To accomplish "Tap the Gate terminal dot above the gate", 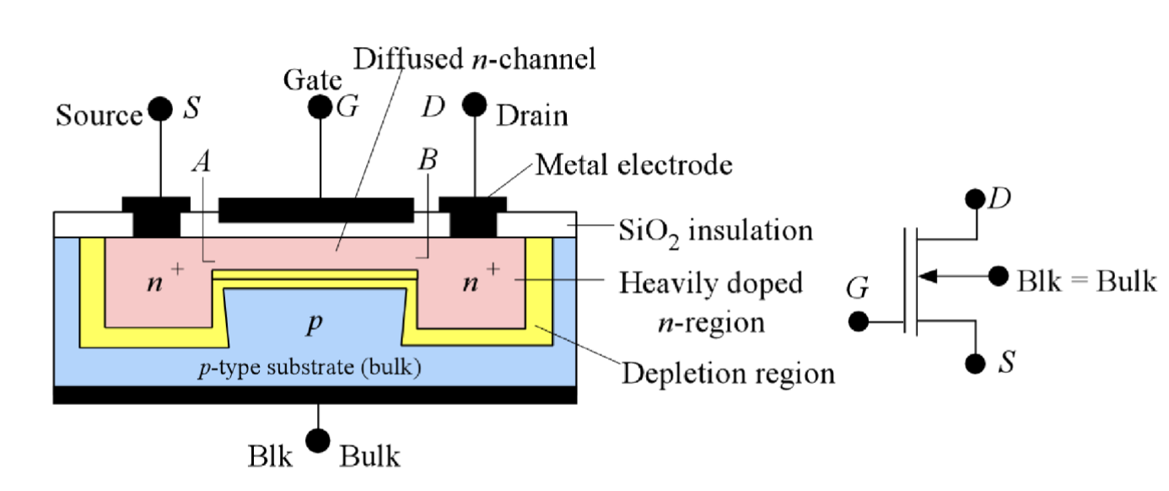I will (x=320, y=107).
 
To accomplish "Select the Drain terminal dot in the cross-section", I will (x=475, y=105).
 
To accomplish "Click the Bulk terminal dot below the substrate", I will (x=318, y=440).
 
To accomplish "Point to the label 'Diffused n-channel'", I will (x=475, y=60).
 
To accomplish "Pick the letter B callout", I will (x=428, y=161).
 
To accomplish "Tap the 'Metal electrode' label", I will (x=634, y=165).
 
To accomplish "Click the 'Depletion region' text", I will (x=728, y=372).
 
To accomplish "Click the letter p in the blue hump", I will (x=314, y=326).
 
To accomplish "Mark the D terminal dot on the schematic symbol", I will (x=976, y=199).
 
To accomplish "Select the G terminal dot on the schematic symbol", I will (x=859, y=322).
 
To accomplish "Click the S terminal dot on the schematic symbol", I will (x=976, y=363).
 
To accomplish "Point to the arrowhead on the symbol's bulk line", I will (x=925, y=275).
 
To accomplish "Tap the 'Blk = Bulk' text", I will (x=1086, y=281).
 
